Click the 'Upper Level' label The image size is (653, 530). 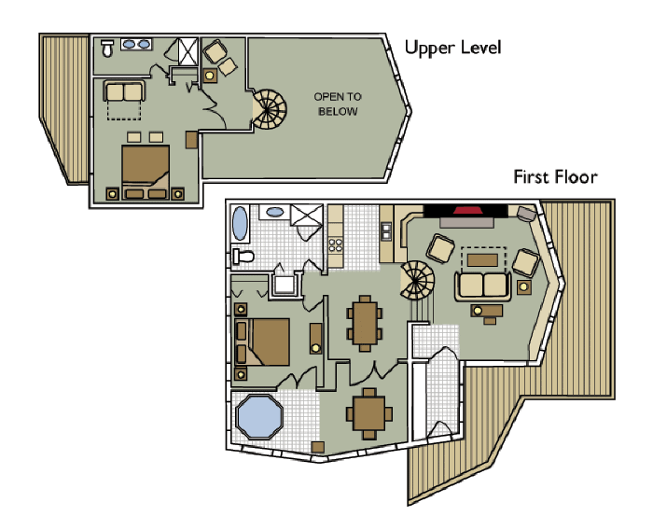452,48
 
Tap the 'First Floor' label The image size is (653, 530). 555,176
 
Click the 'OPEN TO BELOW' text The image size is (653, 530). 338,105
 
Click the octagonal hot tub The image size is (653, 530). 258,417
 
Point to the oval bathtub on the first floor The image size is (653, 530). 240,225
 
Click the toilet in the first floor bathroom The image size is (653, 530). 243,256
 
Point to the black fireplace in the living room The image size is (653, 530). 456,211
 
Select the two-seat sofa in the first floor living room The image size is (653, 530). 482,285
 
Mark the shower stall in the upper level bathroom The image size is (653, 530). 188,50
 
